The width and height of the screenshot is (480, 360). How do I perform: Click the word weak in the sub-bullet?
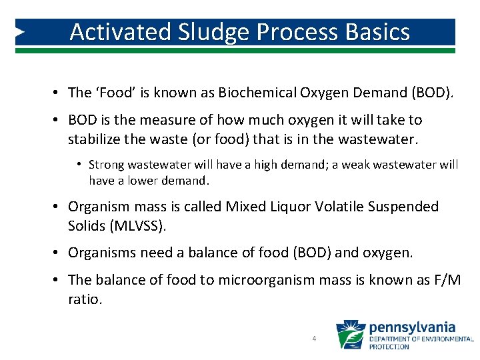(365, 164)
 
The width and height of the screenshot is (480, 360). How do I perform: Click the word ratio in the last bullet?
(85, 300)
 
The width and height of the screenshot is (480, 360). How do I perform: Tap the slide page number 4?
(314, 339)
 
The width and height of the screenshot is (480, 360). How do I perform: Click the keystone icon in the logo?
(350, 335)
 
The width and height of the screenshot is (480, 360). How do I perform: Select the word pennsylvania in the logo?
(412, 327)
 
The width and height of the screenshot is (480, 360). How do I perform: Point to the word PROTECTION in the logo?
(390, 347)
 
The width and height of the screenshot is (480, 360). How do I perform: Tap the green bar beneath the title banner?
(240, 50)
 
